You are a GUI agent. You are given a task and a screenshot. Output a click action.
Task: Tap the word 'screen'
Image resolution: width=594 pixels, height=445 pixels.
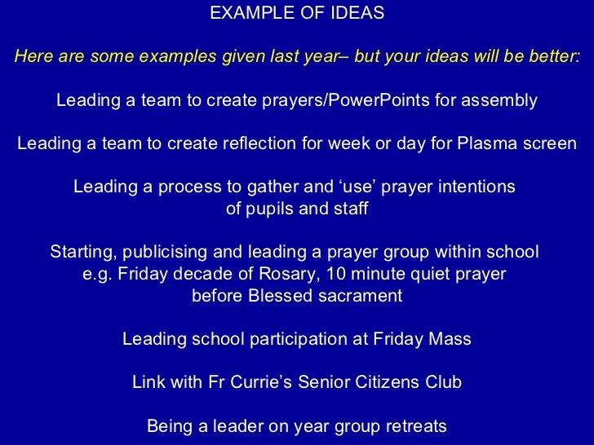pyautogui.click(x=547, y=143)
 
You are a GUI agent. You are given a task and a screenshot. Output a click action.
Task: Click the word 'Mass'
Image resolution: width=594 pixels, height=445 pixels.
pyautogui.click(x=451, y=339)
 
